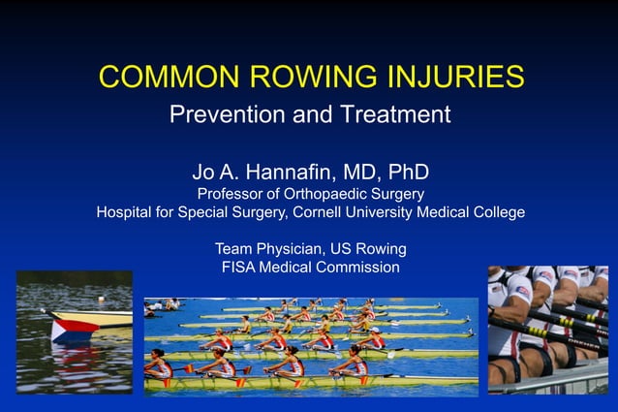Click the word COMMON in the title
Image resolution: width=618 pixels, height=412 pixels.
pos(161,77)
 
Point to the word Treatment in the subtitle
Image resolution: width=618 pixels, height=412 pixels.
pos(393,114)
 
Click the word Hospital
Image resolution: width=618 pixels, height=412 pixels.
pos(124,212)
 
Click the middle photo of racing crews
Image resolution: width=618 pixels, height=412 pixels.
pos(311,346)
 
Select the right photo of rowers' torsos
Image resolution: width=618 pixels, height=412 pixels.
pos(547,329)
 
